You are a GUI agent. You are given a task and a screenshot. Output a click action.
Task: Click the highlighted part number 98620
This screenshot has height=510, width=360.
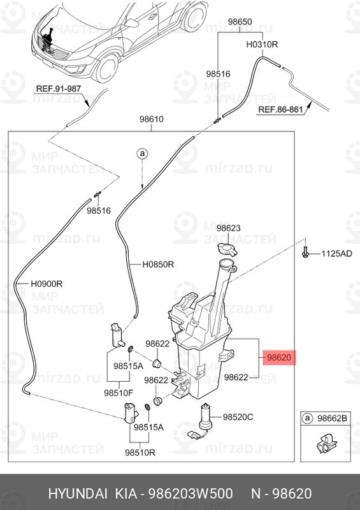(278, 358)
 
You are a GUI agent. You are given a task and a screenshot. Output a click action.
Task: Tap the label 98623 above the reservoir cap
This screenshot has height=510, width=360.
(229, 228)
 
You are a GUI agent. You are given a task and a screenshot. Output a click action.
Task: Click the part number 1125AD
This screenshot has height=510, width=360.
(336, 253)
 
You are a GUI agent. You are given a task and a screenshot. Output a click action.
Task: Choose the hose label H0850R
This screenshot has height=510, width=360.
(159, 265)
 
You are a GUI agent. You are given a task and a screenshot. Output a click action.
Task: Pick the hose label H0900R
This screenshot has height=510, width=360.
(47, 284)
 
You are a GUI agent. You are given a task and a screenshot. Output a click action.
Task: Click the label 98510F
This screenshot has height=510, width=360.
(119, 393)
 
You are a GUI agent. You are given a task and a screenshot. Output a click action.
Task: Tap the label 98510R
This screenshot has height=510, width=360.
(140, 452)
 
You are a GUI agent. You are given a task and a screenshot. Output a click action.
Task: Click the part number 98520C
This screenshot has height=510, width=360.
(238, 417)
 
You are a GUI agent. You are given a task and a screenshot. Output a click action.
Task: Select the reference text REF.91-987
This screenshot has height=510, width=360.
(59, 89)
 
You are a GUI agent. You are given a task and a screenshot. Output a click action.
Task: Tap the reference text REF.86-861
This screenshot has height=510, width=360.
(281, 110)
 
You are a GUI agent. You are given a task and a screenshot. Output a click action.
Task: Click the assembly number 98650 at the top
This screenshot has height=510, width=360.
(240, 22)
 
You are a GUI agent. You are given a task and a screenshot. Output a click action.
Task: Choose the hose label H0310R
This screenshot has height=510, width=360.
(262, 45)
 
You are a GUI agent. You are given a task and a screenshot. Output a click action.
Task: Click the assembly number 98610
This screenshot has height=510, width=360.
(152, 119)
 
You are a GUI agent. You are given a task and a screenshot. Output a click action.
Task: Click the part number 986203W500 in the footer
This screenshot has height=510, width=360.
(191, 493)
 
